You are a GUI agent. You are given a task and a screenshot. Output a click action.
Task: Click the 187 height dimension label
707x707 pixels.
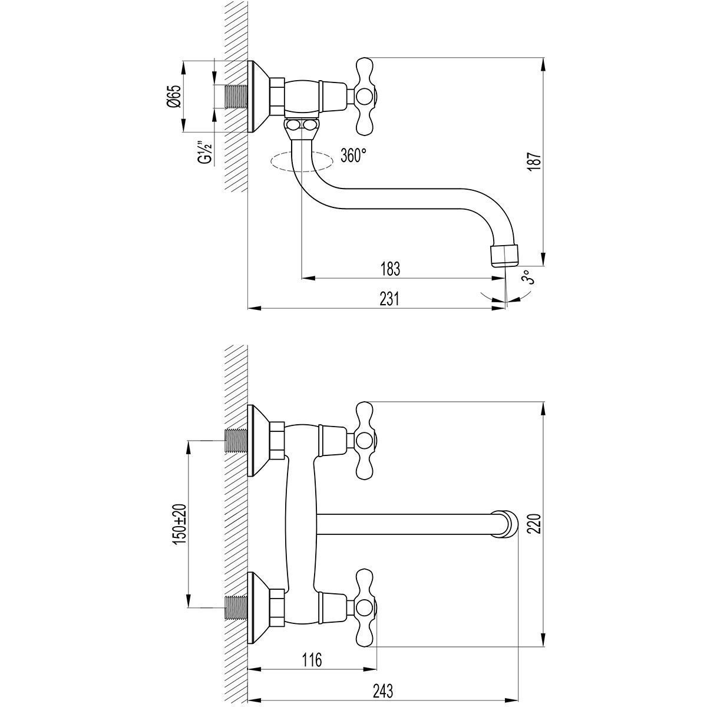click(x=536, y=161)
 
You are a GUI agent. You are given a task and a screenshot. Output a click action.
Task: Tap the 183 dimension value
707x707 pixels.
click(x=390, y=269)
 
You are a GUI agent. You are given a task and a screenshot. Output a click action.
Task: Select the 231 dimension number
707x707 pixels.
click(x=389, y=299)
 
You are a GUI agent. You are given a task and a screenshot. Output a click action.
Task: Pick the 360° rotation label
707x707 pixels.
click(x=353, y=155)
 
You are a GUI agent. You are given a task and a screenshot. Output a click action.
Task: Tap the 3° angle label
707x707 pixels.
click(x=528, y=277)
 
